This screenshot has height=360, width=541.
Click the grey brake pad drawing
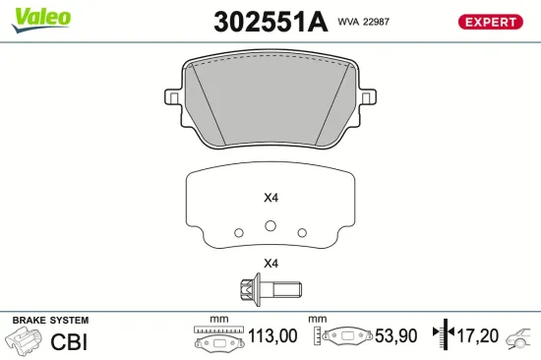[x=270, y=103]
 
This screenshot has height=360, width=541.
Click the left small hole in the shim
[x=237, y=232]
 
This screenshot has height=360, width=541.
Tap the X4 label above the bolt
[x=270, y=264]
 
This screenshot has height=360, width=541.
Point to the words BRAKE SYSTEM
[x=49, y=321]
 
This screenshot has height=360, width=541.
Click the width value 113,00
[x=271, y=336]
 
